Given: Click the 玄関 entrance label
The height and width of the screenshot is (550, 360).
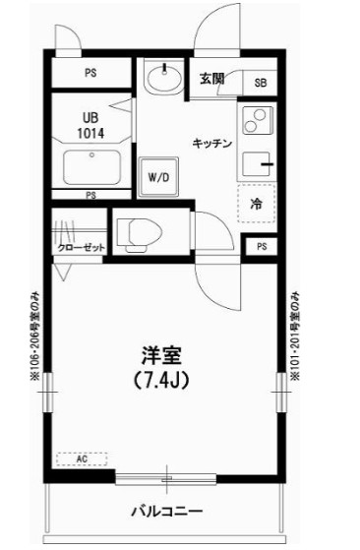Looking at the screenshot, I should coord(211,79).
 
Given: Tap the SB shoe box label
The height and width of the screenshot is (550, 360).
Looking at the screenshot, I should coord(261,84).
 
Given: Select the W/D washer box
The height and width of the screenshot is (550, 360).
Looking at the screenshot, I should coord(158,178).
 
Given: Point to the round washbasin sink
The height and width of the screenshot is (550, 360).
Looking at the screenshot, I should coord(158,77).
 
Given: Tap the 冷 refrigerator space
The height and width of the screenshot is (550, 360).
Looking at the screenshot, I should coord(255,205).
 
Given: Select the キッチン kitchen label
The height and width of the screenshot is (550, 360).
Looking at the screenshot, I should coord(211,144).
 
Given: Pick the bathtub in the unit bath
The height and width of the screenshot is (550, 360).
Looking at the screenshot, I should coord(91,166).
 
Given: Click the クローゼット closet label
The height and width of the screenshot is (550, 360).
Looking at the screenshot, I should coord(80,248).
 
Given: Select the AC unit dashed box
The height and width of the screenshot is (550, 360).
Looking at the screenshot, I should coord(82,458).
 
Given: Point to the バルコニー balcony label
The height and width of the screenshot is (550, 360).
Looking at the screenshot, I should coord(168,512).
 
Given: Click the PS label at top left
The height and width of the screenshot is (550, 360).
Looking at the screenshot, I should coord(90,73).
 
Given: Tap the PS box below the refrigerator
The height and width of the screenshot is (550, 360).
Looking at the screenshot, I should coord(261,246).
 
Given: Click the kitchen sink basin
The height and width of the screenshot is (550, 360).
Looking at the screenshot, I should coord(254,165).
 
